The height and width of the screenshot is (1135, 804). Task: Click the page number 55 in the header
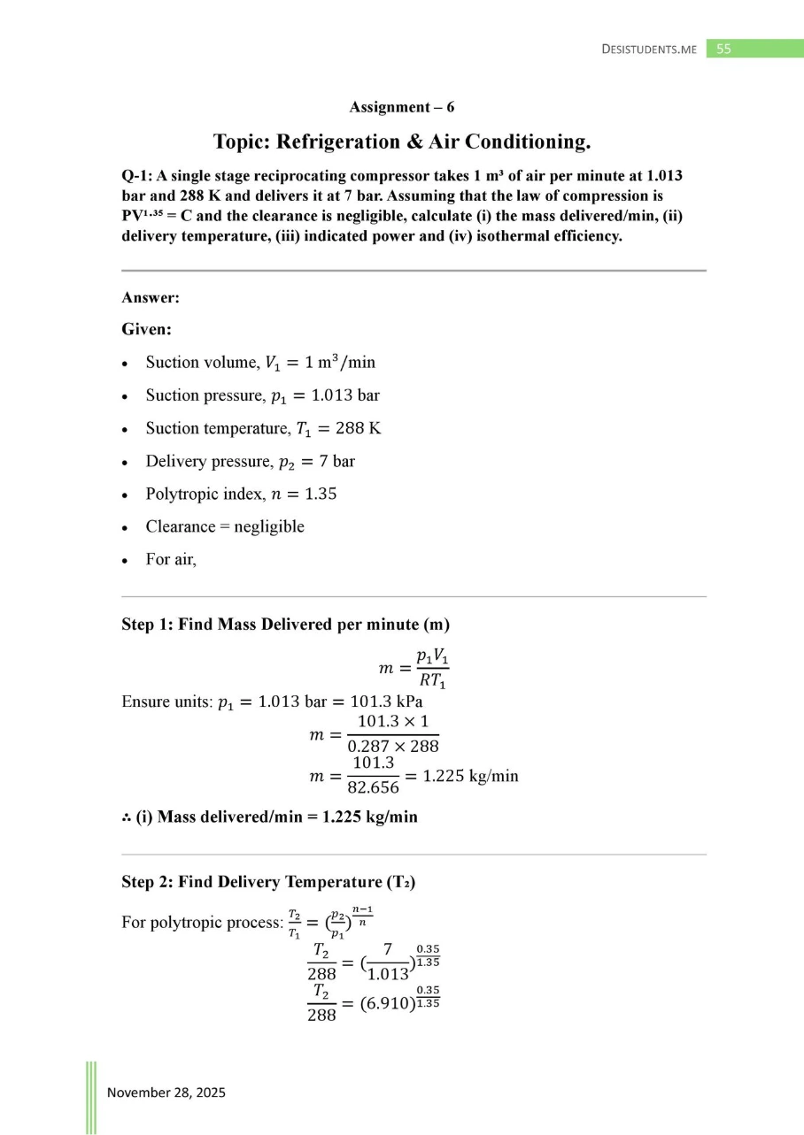click(723, 50)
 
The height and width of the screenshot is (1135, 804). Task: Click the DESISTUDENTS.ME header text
click(649, 50)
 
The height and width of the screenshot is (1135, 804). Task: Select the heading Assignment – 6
click(402, 107)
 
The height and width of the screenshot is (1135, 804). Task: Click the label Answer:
click(151, 299)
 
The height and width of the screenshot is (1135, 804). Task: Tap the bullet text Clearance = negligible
click(225, 526)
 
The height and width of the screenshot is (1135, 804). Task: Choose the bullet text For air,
click(171, 559)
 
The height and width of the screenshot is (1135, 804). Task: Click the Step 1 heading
click(285, 625)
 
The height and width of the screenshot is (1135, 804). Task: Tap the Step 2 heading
click(268, 882)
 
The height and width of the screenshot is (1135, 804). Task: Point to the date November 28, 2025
click(166, 1092)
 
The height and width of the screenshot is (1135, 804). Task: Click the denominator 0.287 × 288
click(391, 745)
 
